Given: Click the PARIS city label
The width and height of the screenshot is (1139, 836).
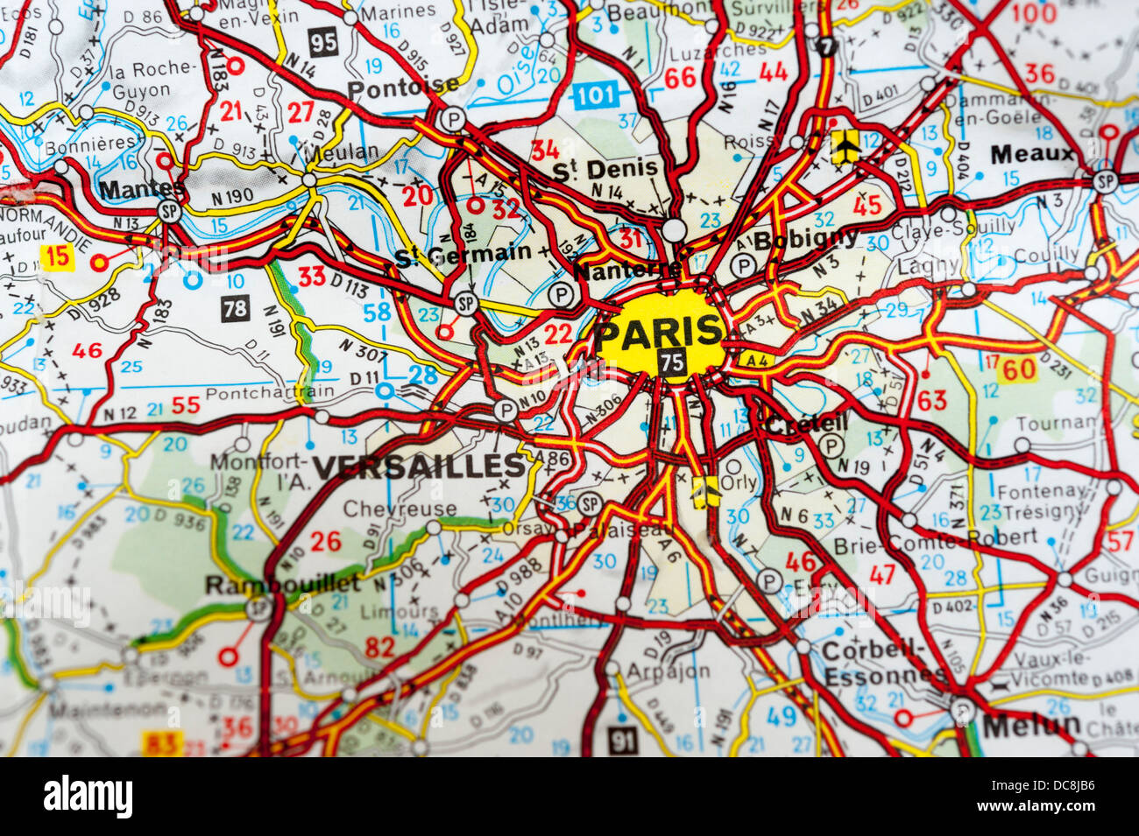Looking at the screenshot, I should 661,332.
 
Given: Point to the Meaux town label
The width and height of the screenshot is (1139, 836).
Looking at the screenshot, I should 1032,155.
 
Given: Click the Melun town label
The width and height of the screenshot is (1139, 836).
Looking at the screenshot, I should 1031,725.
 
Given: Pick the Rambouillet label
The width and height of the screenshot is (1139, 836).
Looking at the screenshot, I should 281,584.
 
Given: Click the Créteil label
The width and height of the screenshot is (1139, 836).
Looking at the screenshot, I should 806,424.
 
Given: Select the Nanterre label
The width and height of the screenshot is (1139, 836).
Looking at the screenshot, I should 627,271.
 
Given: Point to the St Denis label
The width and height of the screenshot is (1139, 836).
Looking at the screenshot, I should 605,169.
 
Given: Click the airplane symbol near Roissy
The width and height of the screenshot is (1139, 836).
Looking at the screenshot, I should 845,146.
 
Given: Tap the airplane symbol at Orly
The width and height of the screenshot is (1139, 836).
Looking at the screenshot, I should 704,492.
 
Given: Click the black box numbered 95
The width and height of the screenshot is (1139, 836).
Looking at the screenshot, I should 323,41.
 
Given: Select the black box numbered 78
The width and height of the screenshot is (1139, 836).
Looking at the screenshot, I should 236,306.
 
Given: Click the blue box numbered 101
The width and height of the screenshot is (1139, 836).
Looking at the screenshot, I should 596,95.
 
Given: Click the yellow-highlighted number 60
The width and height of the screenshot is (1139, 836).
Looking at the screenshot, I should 1019,369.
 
